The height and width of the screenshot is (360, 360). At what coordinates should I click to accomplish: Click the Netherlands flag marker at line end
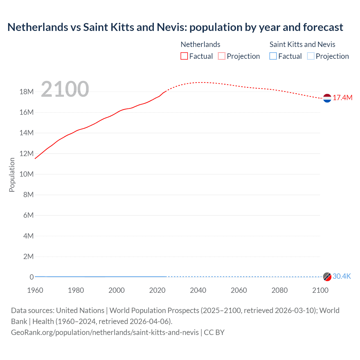tap(327, 98)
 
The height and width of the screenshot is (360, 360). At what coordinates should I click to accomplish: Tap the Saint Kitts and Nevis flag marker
tap(327, 277)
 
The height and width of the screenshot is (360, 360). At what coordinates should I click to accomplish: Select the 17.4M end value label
tap(342, 98)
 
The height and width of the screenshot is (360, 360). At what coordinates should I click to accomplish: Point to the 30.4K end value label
tap(342, 276)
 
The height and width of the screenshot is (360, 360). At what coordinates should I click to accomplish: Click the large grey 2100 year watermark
tap(65, 89)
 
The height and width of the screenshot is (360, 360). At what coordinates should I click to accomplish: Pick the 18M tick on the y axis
tap(26, 92)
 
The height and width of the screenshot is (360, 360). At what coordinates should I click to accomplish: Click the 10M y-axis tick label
tap(26, 174)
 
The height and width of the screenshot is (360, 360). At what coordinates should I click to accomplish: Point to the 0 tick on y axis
tap(31, 277)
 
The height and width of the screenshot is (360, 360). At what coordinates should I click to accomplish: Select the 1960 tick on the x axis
tap(35, 290)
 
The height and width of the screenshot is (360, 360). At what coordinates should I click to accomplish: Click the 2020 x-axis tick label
tap(157, 290)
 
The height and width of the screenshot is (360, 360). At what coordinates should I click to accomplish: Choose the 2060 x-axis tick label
tap(239, 290)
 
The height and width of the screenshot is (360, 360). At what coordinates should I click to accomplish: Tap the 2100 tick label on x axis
tap(320, 290)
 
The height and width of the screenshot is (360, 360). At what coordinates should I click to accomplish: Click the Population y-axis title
tap(12, 175)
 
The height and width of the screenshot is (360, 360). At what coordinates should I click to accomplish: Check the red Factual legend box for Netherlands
tap(184, 56)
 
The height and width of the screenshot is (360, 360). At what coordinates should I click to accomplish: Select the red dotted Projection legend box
tap(222, 56)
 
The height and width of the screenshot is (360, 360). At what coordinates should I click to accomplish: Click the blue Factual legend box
tap(273, 56)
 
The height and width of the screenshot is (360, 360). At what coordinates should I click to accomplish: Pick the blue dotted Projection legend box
tap(310, 56)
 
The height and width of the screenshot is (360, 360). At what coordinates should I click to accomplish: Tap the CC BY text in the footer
tap(214, 332)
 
